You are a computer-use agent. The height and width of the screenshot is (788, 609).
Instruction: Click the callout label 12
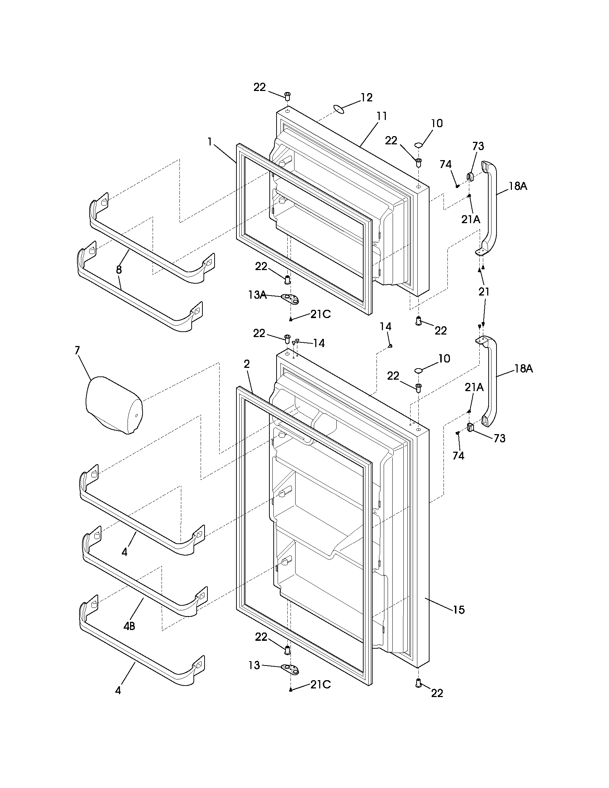click(x=366, y=97)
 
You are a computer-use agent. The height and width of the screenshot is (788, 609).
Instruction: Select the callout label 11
click(x=382, y=116)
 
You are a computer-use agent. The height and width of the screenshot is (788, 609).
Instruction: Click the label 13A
click(x=257, y=295)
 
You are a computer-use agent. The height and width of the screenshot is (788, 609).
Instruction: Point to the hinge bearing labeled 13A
click(x=291, y=298)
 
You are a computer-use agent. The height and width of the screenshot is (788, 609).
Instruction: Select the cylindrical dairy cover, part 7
click(x=114, y=404)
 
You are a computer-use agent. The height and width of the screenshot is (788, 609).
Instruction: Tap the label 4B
click(x=129, y=626)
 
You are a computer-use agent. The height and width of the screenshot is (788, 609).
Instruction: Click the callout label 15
click(x=459, y=610)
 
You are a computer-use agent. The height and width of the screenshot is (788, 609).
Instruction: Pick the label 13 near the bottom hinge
click(x=254, y=666)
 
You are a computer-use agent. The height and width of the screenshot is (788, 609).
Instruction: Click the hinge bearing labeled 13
click(x=291, y=669)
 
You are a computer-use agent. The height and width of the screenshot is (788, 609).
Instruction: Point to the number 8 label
click(x=119, y=269)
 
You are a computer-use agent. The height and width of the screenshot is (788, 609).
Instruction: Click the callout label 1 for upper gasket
click(x=210, y=142)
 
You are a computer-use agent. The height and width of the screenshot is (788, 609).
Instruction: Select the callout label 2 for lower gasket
click(x=246, y=364)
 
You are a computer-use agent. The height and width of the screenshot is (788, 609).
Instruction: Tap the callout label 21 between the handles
click(x=484, y=292)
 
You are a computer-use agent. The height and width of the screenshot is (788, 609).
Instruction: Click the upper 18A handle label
click(x=518, y=186)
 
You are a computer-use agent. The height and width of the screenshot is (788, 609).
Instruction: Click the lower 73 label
click(x=499, y=438)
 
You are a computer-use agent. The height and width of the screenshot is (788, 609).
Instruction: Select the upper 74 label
click(x=446, y=164)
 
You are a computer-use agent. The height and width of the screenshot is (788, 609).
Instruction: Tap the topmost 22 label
click(x=259, y=87)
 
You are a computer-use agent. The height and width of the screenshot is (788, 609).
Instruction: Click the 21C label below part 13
click(x=320, y=684)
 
